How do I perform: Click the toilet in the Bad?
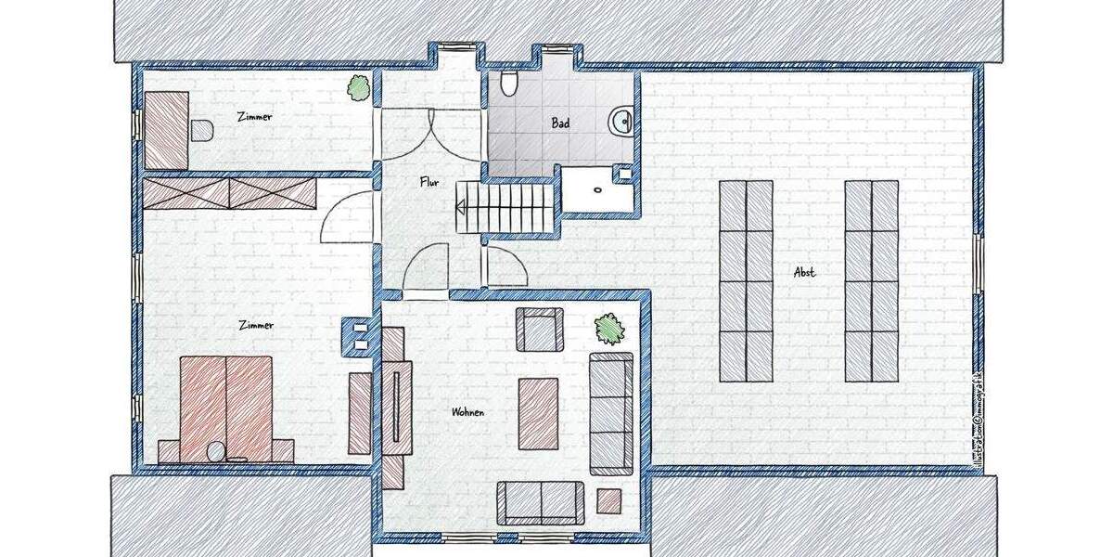pyautogui.click(x=507, y=85)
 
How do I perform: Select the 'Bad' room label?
pyautogui.click(x=560, y=123)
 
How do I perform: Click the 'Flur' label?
pyautogui.click(x=428, y=183)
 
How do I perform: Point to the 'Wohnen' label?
pyautogui.click(x=467, y=411)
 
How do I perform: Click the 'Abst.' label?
pyautogui.click(x=804, y=272)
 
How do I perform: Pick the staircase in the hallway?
pyautogui.click(x=506, y=205)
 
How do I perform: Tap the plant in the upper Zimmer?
pyautogui.click(x=358, y=88)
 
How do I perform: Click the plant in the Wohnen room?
pyautogui.click(x=608, y=328)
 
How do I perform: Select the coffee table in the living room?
pyautogui.click(x=538, y=413)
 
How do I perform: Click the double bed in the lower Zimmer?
pyautogui.click(x=225, y=408)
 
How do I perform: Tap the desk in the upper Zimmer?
pyautogui.click(x=167, y=130)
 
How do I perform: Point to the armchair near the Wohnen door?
pyautogui.click(x=540, y=330)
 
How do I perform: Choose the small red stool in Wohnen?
pyautogui.click(x=609, y=501)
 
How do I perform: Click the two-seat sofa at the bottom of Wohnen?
pyautogui.click(x=541, y=502)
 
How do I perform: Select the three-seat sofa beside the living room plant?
pyautogui.click(x=611, y=413)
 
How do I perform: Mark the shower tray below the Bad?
pyautogui.click(x=599, y=190)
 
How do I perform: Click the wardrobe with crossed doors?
pyautogui.click(x=229, y=193)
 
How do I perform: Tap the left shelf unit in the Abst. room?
pyautogui.click(x=747, y=280)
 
